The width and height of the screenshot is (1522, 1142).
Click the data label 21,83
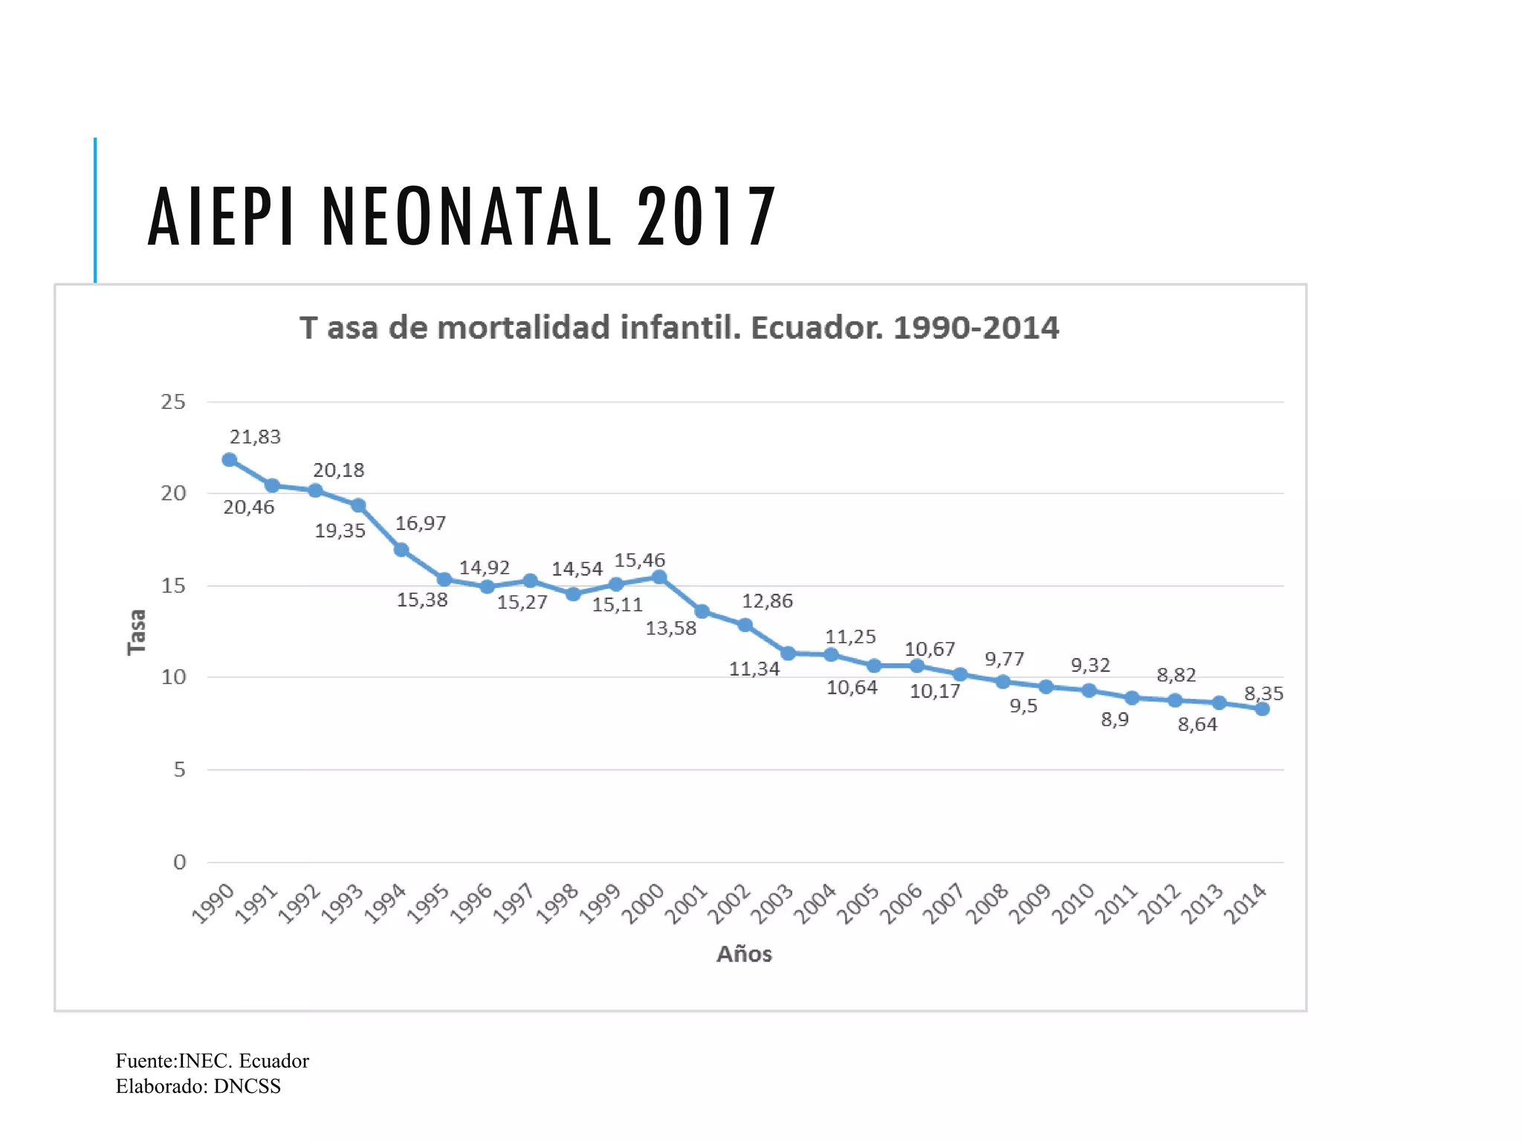click(255, 436)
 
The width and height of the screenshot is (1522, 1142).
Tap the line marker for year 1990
click(230, 459)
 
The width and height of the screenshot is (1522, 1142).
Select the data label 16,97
click(420, 523)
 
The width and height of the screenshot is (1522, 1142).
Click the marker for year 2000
click(658, 577)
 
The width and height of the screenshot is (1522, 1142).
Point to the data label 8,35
click(1263, 693)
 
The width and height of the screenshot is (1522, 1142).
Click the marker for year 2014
click(1262, 709)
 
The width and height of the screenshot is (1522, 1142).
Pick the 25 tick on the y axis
click(173, 402)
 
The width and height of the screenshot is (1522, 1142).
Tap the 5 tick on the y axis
click(179, 770)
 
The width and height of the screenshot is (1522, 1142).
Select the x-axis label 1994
click(385, 903)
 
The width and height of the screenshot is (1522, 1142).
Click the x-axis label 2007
click(944, 903)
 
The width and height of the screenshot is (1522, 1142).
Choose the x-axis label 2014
click(1245, 903)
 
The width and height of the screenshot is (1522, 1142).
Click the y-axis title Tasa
click(137, 632)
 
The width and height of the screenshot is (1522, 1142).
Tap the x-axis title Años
click(744, 954)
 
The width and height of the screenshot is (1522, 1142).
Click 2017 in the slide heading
click(706, 216)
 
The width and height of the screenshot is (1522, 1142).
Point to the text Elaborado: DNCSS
click(198, 1086)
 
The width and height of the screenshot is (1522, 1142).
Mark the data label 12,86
click(767, 601)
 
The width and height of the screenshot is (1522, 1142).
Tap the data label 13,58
click(670, 628)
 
